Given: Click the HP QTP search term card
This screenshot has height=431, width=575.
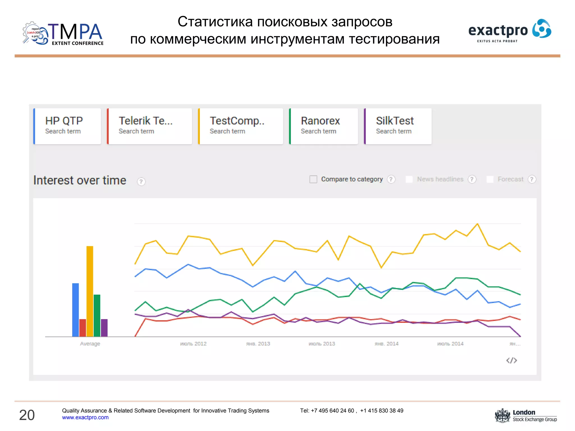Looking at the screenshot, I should [x=67, y=126].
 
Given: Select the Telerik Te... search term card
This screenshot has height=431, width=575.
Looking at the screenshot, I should [x=150, y=126].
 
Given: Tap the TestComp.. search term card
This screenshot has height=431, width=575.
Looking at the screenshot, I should [x=241, y=126].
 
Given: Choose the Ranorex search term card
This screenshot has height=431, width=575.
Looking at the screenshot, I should [x=324, y=126].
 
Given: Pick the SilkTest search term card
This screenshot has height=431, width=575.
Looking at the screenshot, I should [x=398, y=126].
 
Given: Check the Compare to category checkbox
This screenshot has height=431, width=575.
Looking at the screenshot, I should [x=313, y=179].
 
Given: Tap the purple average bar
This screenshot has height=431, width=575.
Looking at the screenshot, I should [x=104, y=327].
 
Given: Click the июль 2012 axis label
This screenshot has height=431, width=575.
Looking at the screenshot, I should [x=193, y=344].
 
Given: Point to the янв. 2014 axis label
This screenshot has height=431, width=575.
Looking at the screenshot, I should [x=386, y=344].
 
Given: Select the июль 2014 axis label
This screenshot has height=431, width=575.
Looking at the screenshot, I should [x=450, y=344].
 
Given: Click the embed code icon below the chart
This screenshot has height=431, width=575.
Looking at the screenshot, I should [x=511, y=360].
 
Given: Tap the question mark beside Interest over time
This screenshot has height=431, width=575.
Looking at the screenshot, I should [x=141, y=182].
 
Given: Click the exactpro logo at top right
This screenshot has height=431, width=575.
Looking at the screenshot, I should [x=510, y=31].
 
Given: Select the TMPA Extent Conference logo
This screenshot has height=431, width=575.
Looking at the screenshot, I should [x=63, y=34].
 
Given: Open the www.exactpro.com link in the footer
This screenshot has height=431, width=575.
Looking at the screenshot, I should [x=85, y=418].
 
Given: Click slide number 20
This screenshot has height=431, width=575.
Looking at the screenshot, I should [x=27, y=415].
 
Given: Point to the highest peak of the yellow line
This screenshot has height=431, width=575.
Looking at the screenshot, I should [x=477, y=224].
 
